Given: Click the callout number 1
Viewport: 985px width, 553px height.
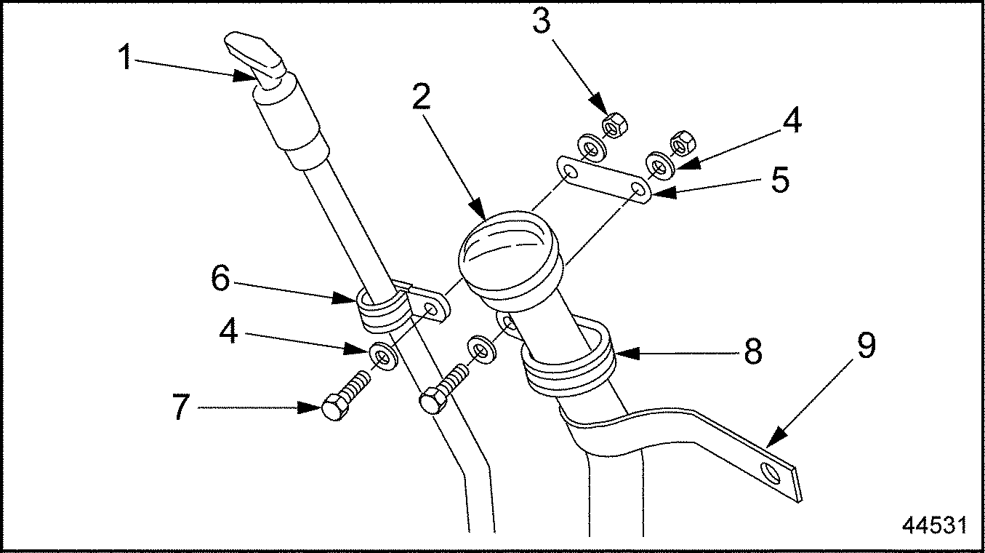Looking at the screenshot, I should (x=125, y=57).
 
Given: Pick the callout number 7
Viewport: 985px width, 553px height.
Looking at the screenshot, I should (x=181, y=408).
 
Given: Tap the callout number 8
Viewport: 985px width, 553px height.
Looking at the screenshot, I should (x=753, y=353).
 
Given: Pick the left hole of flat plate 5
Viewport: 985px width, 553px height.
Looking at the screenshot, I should (x=571, y=172).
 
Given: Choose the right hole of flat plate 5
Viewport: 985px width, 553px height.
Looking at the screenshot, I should (x=638, y=191).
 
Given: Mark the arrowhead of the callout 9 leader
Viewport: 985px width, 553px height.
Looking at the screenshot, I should (x=769, y=445).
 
